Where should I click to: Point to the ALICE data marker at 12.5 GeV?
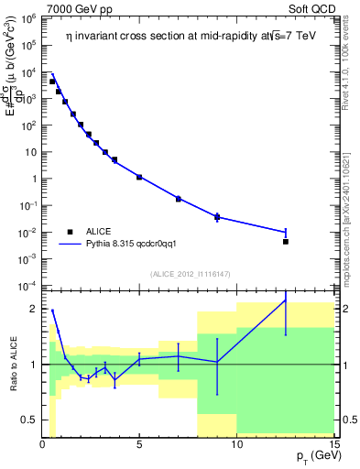pos(286,242)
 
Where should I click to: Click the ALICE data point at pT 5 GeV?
pos(139,177)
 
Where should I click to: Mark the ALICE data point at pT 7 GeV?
pos(179,199)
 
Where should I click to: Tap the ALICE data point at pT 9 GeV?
pos(217,217)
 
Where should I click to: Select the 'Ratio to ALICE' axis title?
pos(13,363)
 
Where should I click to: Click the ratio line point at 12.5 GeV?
pos(286,300)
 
